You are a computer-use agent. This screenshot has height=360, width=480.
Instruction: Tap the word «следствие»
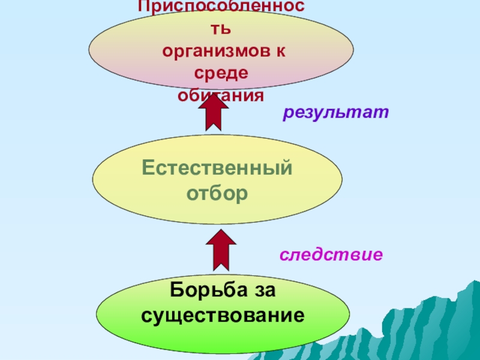[x=331, y=255]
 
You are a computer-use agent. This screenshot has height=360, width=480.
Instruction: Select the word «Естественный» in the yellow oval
[x=217, y=168]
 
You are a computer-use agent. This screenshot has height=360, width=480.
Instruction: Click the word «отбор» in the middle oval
[x=217, y=194]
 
